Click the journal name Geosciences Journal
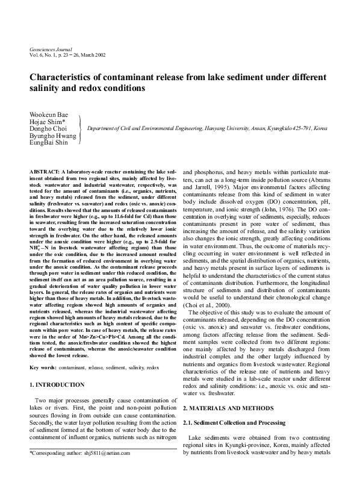(x=51, y=48)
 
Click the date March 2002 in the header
(x=93, y=54)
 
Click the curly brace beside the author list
(x=79, y=129)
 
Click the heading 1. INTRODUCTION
(x=57, y=384)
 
